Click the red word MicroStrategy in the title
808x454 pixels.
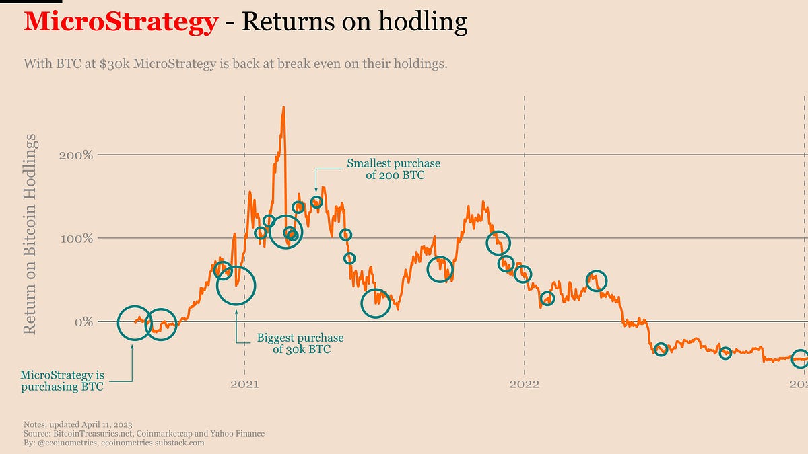[121, 23]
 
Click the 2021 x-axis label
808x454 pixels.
[244, 385]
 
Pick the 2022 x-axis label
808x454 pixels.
[524, 385]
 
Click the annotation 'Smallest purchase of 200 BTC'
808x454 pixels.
[393, 169]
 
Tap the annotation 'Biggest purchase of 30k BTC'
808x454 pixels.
[301, 344]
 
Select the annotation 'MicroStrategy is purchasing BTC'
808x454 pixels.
[62, 380]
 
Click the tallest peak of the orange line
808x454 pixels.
[283, 108]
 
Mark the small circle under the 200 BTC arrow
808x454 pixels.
[316, 202]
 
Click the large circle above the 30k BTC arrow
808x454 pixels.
[236, 285]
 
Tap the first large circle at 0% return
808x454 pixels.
[135, 322]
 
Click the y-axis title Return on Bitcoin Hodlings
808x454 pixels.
[30, 233]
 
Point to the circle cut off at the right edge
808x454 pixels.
[800, 358]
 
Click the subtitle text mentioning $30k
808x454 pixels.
[236, 65]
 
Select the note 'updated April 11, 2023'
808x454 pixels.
[77, 425]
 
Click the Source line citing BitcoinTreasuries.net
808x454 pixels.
[144, 434]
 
